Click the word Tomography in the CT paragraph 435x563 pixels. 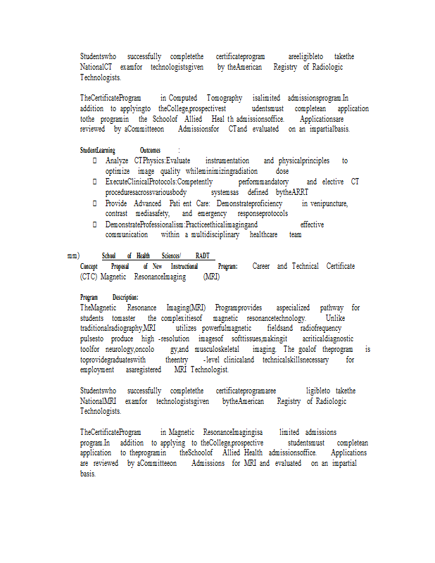pos(225,98)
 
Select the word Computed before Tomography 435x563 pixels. pos(183,98)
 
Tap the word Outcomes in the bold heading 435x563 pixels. pos(150,150)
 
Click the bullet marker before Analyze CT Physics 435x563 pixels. pos(95,161)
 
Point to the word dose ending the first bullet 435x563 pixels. pos(282,171)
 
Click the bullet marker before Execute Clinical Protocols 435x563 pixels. pos(95,182)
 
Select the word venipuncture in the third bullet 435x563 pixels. pos(324,203)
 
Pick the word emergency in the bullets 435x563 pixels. pos(212,213)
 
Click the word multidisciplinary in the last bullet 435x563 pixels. pos(215,234)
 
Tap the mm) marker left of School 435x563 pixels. pos(72,255)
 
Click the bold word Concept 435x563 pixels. pos(89,266)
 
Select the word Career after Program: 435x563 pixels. pos(261,266)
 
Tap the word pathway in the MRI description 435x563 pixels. pos(332,308)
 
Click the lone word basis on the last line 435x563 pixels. pos(87,474)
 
